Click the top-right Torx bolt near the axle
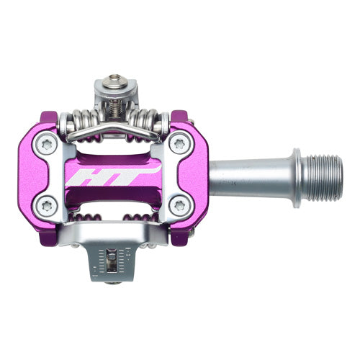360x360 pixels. pos(177,145)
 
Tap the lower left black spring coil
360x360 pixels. pos(86,219)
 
